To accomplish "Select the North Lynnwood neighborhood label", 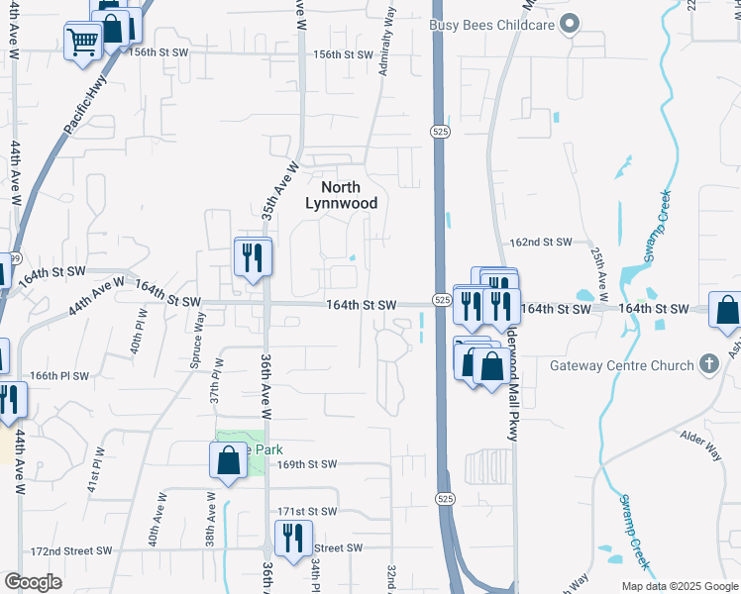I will [x=340, y=195].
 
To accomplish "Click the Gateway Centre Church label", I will [x=622, y=366].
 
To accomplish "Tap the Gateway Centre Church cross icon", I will [x=707, y=365].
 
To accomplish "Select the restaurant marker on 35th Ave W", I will [x=253, y=257].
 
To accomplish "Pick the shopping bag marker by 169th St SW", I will [x=228, y=460].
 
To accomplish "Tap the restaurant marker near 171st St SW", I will [x=293, y=539].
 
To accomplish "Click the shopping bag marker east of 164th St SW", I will [x=727, y=310].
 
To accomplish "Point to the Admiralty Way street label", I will [x=387, y=40].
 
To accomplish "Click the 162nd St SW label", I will [x=541, y=242].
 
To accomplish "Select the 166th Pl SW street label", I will [x=59, y=376].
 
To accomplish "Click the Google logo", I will [x=33, y=582].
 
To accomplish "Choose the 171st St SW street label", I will [x=307, y=512].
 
